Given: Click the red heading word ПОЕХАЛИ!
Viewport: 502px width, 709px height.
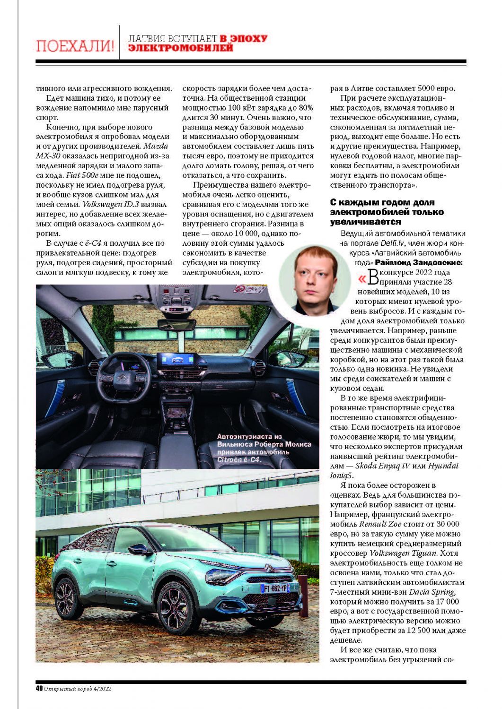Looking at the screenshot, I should [75, 46].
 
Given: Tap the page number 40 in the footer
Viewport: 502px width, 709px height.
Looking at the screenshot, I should [39, 689].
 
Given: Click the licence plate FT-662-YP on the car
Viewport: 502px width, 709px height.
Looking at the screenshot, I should [274, 588].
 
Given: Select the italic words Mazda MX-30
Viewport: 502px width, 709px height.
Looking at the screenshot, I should [102, 151].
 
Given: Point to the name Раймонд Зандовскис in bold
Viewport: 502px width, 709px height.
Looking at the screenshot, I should [419, 262].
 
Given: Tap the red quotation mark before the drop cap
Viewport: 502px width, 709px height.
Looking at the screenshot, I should [361, 278].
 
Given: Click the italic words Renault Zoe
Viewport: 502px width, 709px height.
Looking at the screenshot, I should [379, 524].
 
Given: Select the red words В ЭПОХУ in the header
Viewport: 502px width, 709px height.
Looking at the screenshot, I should [243, 38].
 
